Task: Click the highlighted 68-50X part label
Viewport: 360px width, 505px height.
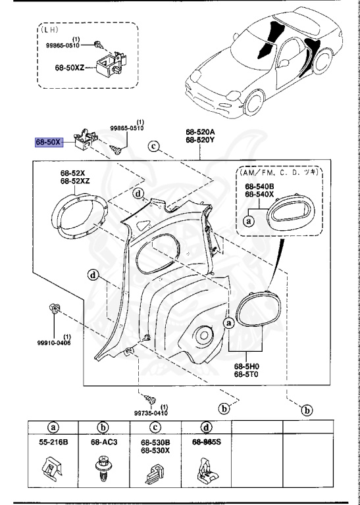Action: [48, 142]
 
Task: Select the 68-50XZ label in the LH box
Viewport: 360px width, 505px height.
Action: [69, 68]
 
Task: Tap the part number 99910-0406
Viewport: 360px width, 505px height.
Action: [54, 343]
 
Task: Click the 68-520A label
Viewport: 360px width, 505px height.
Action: [200, 132]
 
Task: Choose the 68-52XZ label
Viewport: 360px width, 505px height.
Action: [75, 181]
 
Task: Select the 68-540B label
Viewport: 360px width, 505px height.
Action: [259, 187]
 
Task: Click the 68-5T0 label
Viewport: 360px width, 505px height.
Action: [247, 375]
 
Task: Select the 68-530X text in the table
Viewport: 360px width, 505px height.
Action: [155, 450]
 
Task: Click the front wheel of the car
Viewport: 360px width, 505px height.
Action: [254, 103]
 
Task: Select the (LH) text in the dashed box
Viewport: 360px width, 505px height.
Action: [49, 30]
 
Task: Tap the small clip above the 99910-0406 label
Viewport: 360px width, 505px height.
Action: [54, 308]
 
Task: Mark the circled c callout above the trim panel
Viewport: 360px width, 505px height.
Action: [154, 147]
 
